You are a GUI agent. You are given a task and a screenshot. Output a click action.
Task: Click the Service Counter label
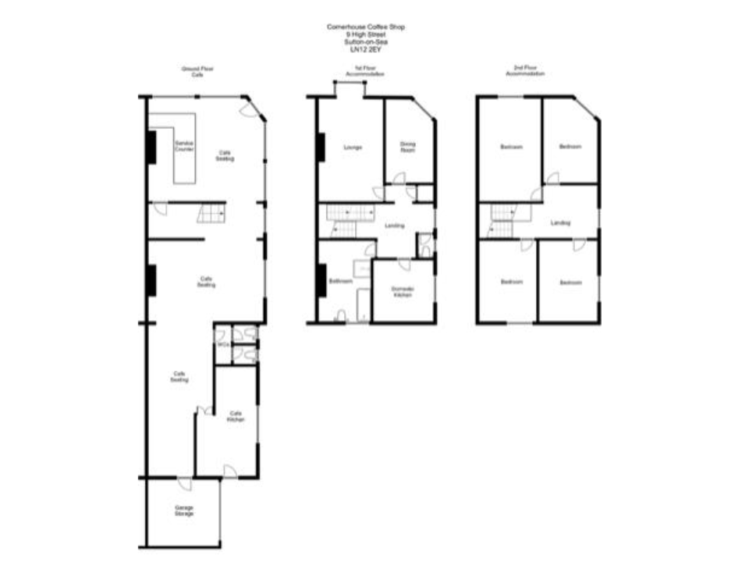pyautogui.click(x=184, y=146)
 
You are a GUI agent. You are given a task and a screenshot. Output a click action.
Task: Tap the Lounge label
pyautogui.click(x=351, y=148)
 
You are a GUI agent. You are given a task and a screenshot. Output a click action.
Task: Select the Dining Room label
pyautogui.click(x=408, y=147)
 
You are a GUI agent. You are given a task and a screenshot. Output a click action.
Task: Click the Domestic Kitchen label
pyautogui.click(x=403, y=292)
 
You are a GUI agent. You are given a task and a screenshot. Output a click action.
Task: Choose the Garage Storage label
pyautogui.click(x=184, y=511)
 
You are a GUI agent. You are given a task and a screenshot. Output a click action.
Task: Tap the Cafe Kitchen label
pyautogui.click(x=236, y=416)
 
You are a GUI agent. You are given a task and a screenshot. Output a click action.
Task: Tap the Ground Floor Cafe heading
pyautogui.click(x=197, y=72)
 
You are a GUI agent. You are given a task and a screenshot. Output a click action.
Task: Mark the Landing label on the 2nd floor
pyautogui.click(x=560, y=223)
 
